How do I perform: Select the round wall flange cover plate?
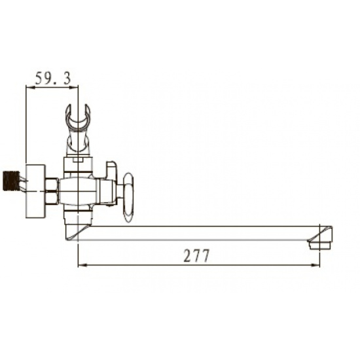click(x=34, y=190)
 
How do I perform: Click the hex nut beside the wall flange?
click(x=51, y=191)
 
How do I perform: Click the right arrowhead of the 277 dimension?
click(x=317, y=266)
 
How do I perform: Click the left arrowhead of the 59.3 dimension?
click(x=27, y=88)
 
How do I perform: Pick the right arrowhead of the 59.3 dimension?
click(x=75, y=88)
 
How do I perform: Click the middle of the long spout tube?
click(x=196, y=233)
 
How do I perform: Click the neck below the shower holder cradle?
click(x=78, y=141)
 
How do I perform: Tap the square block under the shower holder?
click(x=78, y=165)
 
